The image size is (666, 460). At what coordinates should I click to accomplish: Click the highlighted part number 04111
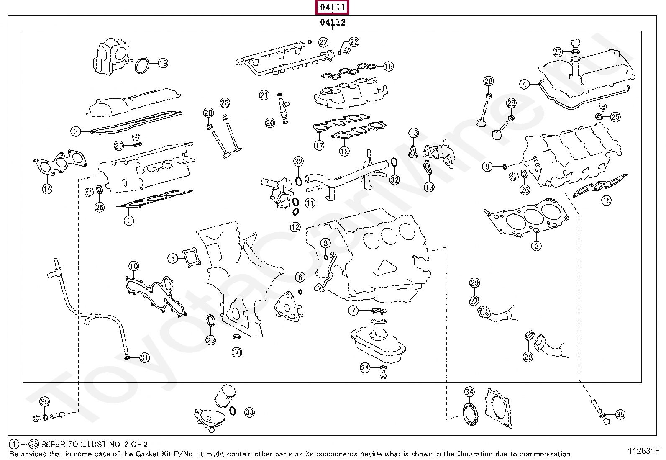333,8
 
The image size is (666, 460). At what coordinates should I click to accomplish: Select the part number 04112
333,23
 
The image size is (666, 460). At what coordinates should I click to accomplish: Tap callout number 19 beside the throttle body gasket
163,63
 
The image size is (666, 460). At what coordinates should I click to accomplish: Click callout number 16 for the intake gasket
388,66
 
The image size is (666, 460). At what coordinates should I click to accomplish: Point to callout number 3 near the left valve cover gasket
75,131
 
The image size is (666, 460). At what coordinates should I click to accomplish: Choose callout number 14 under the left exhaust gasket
47,189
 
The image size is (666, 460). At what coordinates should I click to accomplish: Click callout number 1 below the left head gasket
129,220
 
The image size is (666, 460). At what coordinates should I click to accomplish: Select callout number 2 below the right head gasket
536,246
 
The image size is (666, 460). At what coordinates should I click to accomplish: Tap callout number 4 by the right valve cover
525,84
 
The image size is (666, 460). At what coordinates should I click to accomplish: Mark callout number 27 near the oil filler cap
558,52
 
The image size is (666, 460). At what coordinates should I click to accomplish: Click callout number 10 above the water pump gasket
133,266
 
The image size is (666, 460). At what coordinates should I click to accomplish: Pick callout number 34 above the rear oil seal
469,392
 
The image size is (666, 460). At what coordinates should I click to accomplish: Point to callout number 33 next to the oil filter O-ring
249,412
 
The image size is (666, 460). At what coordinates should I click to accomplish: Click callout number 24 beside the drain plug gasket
365,367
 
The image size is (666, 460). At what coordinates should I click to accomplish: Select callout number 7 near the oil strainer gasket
354,310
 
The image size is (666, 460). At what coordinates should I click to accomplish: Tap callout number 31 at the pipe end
144,357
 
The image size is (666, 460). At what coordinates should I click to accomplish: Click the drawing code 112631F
643,451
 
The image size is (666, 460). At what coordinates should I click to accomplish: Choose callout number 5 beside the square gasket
173,258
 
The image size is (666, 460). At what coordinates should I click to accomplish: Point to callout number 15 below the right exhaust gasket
606,200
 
